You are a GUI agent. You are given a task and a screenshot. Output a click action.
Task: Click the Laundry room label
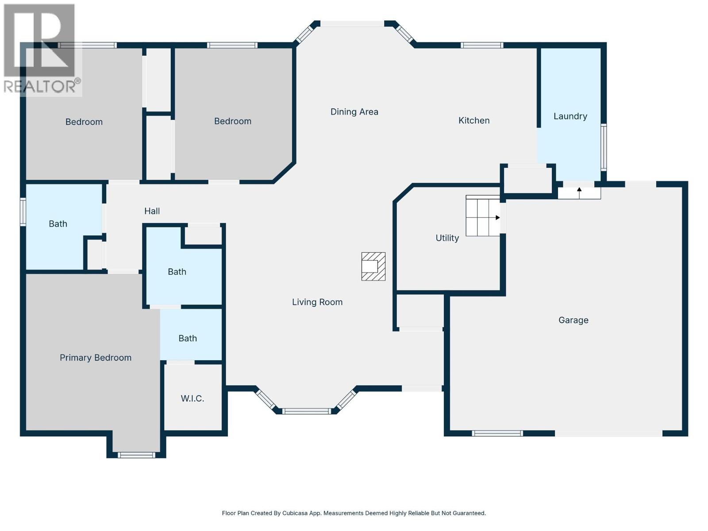click(x=570, y=116)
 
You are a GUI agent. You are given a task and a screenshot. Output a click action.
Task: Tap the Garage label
click(x=573, y=320)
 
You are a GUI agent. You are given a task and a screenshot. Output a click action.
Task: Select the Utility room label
click(x=447, y=238)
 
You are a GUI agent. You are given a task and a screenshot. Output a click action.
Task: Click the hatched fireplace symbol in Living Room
click(x=373, y=266)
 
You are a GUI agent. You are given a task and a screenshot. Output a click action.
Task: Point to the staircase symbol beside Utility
click(x=482, y=216)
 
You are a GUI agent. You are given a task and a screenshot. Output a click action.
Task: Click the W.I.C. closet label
click(x=192, y=398)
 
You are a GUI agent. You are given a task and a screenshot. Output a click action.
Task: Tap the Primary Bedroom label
click(x=96, y=358)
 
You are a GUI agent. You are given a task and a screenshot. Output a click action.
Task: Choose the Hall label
click(x=152, y=211)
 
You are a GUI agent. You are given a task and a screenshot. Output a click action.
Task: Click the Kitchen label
click(x=473, y=120)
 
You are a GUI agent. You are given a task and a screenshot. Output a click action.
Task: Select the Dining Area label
click(x=354, y=112)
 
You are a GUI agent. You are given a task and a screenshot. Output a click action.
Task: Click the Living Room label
click(x=317, y=302)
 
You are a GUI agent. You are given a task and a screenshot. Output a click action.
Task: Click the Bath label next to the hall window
click(x=58, y=224)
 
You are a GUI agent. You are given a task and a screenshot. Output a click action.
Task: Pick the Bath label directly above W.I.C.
click(x=187, y=338)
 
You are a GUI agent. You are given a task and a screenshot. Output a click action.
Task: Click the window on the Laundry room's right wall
click(x=603, y=147)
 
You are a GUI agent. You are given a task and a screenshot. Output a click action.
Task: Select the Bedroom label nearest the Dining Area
click(x=232, y=121)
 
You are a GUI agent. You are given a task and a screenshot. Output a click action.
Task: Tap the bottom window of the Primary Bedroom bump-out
click(x=136, y=455)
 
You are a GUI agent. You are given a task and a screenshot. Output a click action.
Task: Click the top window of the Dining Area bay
click(x=352, y=23)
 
